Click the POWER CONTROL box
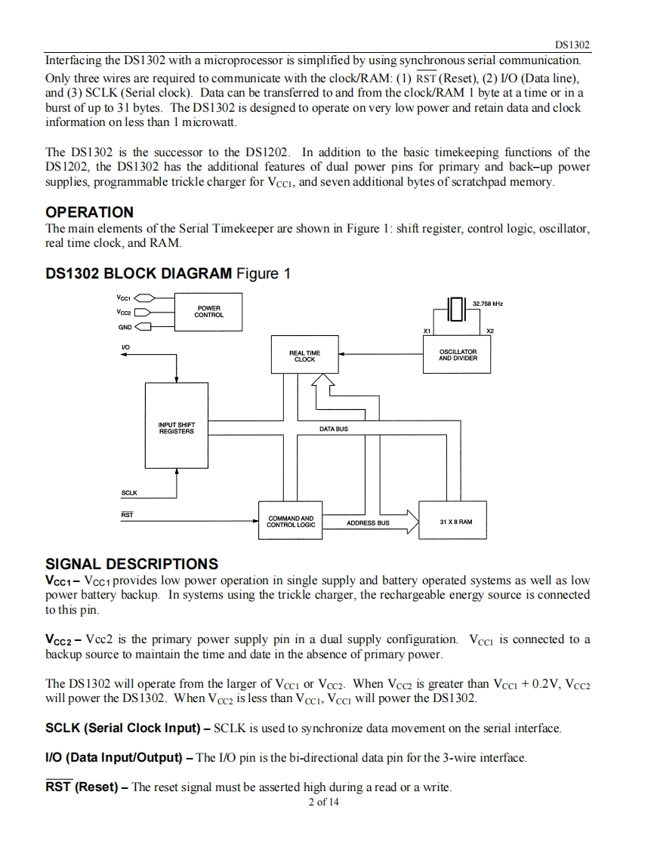click(x=208, y=312)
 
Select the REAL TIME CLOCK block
click(x=305, y=354)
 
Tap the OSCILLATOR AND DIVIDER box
click(x=457, y=354)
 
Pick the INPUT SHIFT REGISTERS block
click(x=176, y=426)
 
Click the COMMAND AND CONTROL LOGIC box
click(x=291, y=520)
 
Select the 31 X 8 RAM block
click(x=453, y=520)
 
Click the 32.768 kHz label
click(x=488, y=303)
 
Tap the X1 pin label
click(x=427, y=331)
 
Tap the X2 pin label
click(x=489, y=331)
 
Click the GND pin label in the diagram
click(x=125, y=328)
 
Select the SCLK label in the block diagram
click(x=129, y=493)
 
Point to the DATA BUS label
click(x=334, y=429)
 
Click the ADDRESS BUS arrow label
click(x=368, y=523)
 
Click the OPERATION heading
click(x=89, y=211)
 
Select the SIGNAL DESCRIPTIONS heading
click(x=132, y=564)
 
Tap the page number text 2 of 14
click(x=324, y=802)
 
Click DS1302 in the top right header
click(x=572, y=45)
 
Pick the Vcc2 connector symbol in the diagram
click(x=143, y=313)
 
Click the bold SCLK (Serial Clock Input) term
click(x=122, y=728)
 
